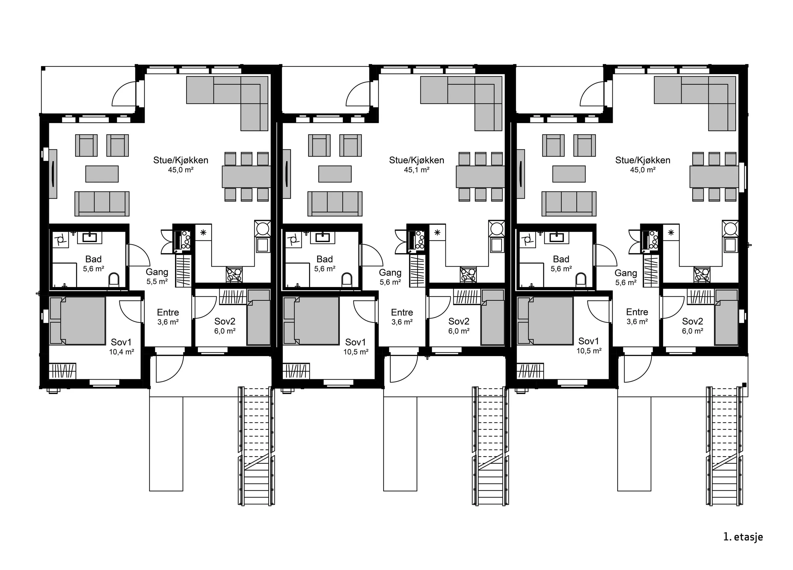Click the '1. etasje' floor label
[743, 537]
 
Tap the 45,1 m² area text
[416, 170]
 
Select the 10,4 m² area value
[121, 352]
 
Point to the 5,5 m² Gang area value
[157, 281]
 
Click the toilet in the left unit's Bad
[114, 280]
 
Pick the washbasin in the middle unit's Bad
[323, 238]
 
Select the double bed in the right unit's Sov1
[545, 320]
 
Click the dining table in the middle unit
[480, 177]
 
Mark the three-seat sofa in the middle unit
[335, 204]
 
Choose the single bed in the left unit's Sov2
[259, 317]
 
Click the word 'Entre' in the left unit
[168, 312]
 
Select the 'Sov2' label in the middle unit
[459, 321]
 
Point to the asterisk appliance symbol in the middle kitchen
[437, 232]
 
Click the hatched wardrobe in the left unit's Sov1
[62, 371]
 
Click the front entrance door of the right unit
[638, 369]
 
